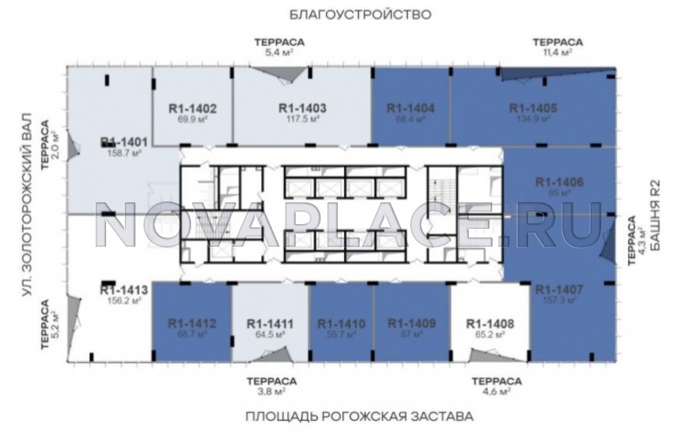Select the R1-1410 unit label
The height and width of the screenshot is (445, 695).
pyautogui.click(x=342, y=323)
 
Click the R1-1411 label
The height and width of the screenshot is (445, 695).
pyautogui.click(x=270, y=323)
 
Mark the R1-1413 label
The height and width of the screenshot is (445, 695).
pyautogui.click(x=124, y=289)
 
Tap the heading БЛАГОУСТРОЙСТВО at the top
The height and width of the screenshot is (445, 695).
pyautogui.click(x=349, y=14)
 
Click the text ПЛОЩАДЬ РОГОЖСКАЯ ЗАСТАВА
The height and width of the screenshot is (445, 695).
pyautogui.click(x=358, y=417)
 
